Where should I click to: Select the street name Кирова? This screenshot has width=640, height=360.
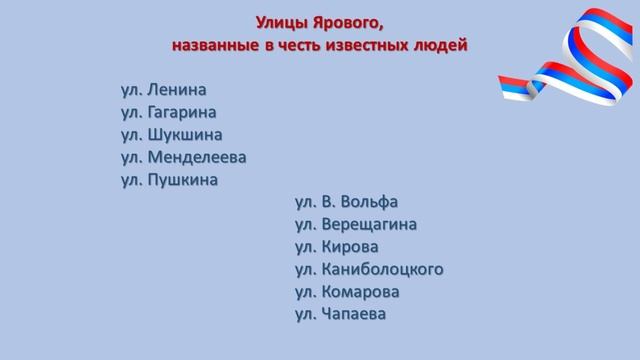pos(357,247)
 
